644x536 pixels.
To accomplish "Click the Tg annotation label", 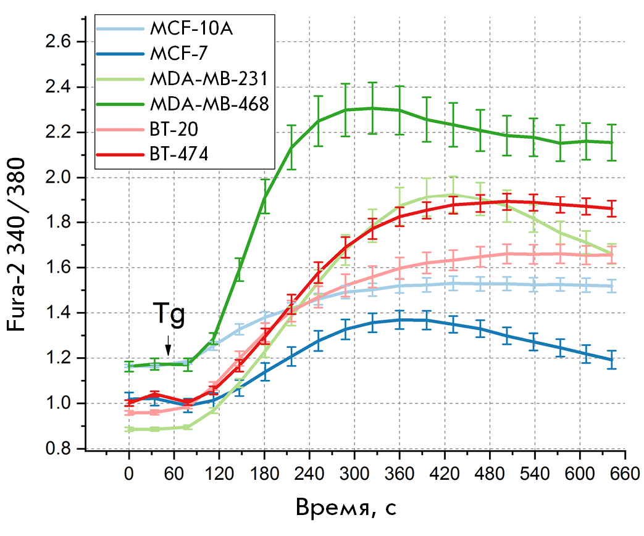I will (169, 315).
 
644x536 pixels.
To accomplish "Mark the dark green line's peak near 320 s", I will (372, 108).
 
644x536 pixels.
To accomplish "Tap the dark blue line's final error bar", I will (611, 360).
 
